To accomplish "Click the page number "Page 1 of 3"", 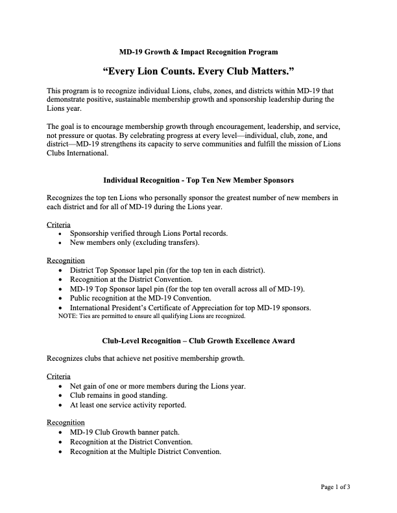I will tap(336, 486).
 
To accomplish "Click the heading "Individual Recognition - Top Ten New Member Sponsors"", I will tap(198, 179).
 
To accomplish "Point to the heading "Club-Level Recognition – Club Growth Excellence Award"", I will tap(198, 340).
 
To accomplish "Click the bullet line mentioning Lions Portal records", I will tap(149, 233).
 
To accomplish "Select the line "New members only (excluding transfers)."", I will tap(134, 242).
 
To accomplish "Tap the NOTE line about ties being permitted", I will tap(152, 316).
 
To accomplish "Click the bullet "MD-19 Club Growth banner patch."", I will tap(125, 431).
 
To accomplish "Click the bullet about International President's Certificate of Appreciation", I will tap(190, 307).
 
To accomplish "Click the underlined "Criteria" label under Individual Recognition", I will tap(58, 224).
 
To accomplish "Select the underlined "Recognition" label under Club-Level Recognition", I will tap(66, 422).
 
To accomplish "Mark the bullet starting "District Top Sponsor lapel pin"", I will tap(167, 270).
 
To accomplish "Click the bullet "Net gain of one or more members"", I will tap(157, 385).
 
